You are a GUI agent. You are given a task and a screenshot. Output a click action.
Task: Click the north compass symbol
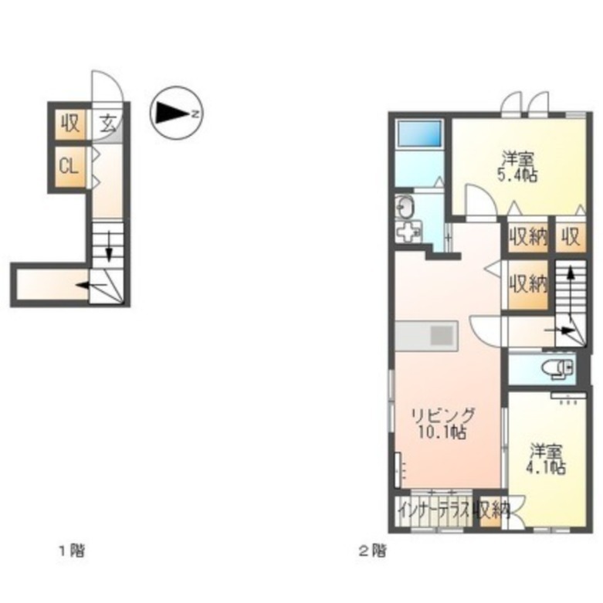[x=177, y=113]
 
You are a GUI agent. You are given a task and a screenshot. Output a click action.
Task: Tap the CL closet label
[x=69, y=167]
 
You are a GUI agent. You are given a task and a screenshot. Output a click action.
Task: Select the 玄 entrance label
[x=108, y=124]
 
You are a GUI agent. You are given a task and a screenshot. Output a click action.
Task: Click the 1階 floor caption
[x=72, y=551]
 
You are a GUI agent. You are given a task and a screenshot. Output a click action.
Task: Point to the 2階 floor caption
[x=373, y=551]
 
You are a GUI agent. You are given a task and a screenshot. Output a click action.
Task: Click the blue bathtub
[x=419, y=134]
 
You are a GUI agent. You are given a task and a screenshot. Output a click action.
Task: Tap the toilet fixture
[x=557, y=368]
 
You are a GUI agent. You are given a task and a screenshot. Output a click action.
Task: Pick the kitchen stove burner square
[x=442, y=335]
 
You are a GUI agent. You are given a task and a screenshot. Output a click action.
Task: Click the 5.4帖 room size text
[x=517, y=176]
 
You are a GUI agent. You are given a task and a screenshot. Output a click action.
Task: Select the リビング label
[x=443, y=415]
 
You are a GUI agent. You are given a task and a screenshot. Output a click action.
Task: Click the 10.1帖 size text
[x=442, y=432]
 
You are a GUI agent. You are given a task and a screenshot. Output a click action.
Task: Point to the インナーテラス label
[x=435, y=511]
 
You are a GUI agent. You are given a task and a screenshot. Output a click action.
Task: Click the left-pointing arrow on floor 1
[x=91, y=285]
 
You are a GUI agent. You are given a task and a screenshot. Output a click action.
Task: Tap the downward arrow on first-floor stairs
[x=109, y=246]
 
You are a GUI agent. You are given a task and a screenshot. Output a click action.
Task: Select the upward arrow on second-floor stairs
[x=571, y=283]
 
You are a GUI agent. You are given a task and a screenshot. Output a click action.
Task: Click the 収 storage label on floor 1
[x=70, y=124]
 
